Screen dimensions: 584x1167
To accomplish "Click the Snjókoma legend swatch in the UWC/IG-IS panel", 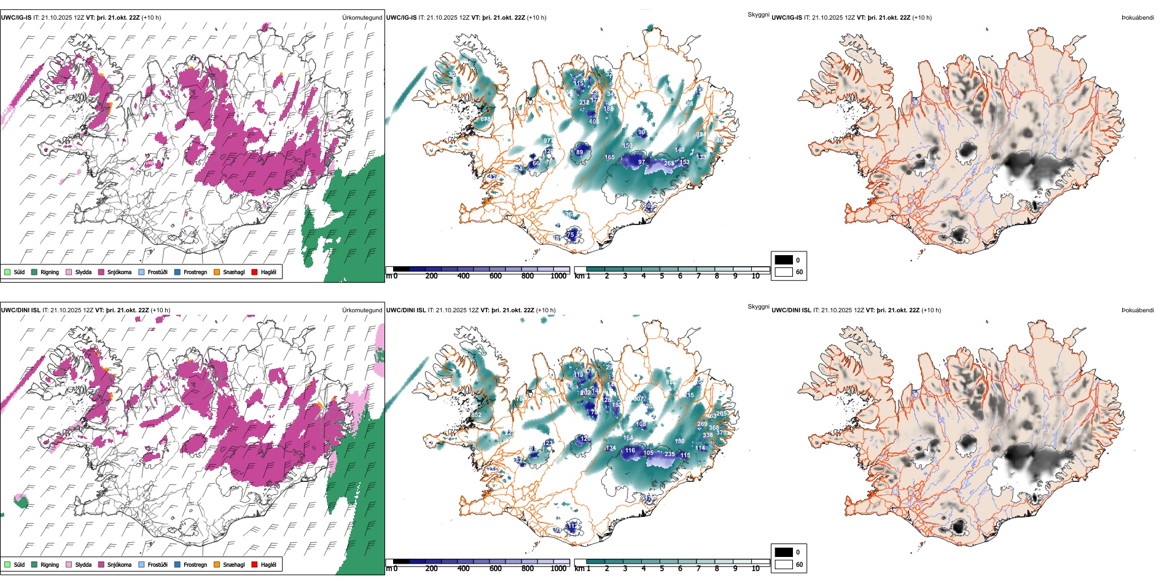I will coord(101,272).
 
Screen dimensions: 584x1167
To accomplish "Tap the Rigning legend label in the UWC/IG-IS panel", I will coord(50,272).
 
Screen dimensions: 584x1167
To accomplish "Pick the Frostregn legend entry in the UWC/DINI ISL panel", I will coord(195,565).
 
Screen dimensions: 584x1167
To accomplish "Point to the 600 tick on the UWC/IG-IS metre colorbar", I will coord(496,276).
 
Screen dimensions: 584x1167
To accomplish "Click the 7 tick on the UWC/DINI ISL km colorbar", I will coord(698,569).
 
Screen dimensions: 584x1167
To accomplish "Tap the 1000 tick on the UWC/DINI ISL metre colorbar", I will coord(558,569).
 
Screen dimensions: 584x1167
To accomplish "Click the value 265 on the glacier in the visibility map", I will coord(669,164).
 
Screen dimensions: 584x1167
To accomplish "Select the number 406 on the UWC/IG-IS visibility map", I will coord(594,122).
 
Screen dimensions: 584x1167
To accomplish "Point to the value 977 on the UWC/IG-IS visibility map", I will coord(548,141).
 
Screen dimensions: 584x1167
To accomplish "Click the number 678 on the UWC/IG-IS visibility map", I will coord(485,119).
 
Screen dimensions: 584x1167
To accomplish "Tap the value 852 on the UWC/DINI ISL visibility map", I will coord(477,415).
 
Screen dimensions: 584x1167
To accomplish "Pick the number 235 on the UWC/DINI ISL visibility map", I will coord(669,454).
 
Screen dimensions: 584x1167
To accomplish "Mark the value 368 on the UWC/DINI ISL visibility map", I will coord(714,428).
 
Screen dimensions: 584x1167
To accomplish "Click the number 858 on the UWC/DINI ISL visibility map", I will coord(671,382).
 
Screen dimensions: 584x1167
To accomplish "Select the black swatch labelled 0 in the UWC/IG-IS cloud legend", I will coord(784,260).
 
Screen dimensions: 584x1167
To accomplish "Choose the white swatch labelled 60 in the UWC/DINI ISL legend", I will coord(784,564).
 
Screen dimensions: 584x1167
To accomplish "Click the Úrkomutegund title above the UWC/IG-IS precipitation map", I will coord(362,18).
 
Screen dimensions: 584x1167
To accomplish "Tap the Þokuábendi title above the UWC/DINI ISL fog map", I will coord(1138,310).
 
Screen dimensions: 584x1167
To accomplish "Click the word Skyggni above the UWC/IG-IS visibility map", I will coord(758,14).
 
